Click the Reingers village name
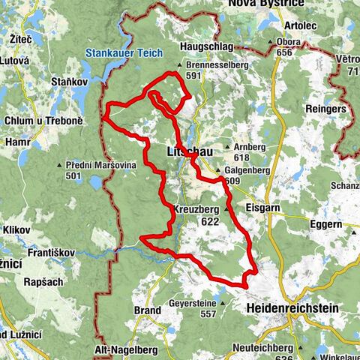point(325,109)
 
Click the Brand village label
point(148,310)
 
